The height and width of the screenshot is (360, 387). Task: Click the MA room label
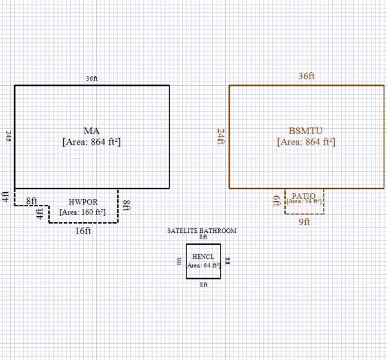[91, 131]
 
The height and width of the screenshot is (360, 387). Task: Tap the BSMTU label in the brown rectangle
[306, 131]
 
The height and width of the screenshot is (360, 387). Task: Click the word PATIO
[303, 195]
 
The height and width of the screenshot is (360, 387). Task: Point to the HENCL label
[203, 256]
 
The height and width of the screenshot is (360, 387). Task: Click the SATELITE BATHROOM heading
[201, 230]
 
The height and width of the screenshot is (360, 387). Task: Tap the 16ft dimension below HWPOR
[83, 230]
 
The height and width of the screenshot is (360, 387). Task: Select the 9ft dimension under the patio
[304, 222]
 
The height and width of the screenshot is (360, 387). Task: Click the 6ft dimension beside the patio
[276, 201]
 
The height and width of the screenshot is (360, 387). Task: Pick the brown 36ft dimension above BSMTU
[306, 76]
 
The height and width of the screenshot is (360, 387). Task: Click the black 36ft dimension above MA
[92, 79]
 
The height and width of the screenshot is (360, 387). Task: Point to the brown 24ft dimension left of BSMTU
[221, 136]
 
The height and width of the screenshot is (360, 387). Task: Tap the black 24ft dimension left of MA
[9, 136]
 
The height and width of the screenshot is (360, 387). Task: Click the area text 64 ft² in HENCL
[203, 265]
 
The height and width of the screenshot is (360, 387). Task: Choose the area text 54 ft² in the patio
[304, 201]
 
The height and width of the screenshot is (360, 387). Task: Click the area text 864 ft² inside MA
[92, 142]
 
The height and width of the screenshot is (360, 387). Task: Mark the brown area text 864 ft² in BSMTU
[306, 142]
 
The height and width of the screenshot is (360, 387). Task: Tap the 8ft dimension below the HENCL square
[203, 285]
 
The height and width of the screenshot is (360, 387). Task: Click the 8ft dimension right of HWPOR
[126, 206]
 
